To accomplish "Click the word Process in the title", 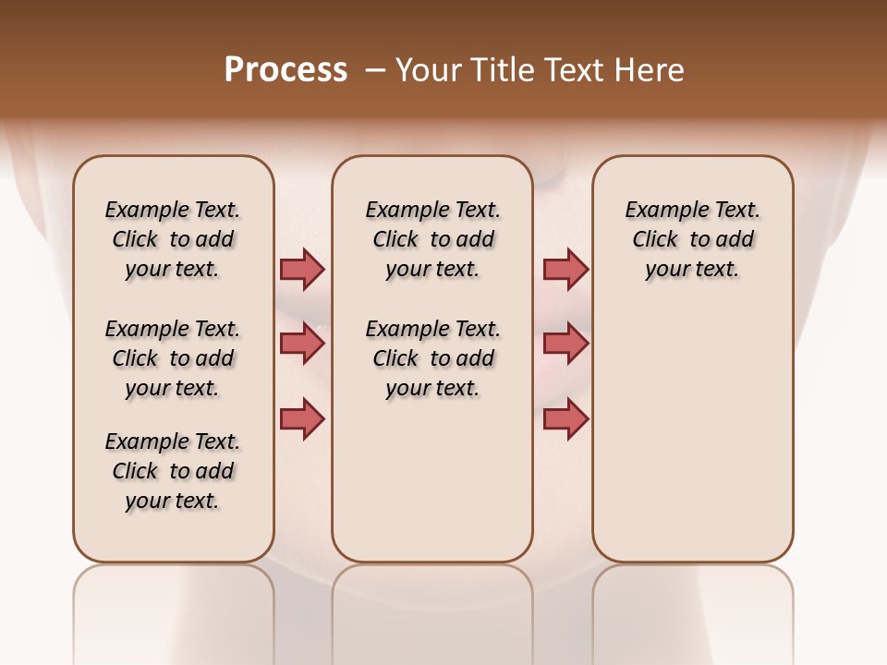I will tap(286, 70).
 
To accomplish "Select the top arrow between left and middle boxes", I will tap(302, 269).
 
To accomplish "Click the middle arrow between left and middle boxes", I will tap(302, 344).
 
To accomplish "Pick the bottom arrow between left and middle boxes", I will tap(302, 418).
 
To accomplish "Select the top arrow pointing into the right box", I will tap(565, 269).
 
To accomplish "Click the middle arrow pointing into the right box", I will tap(565, 344).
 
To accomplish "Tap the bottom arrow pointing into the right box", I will tap(565, 418).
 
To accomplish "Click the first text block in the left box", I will tap(173, 239).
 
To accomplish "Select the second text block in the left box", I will tap(173, 358).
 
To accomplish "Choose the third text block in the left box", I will tap(173, 471).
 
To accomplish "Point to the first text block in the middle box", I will tap(432, 239).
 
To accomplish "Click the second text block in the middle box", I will tap(432, 358).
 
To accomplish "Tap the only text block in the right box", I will tap(692, 239).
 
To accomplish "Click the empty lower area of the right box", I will tap(692, 434).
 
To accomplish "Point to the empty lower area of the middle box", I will tap(432, 480).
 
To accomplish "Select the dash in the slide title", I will tap(374, 70).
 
